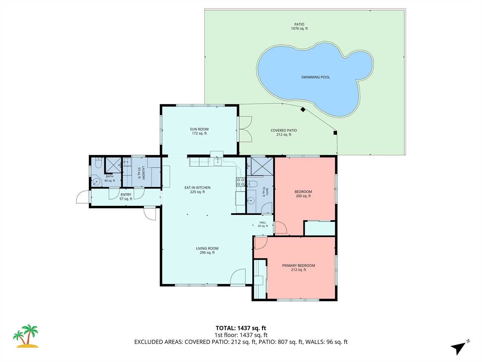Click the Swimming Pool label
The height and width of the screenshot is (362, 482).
click(315, 77)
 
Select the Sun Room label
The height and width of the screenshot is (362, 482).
click(199, 131)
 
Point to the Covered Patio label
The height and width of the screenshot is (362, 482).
click(284, 132)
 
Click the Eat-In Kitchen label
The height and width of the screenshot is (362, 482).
click(197, 190)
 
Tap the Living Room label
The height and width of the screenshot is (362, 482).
click(207, 250)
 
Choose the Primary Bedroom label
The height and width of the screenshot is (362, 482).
click(298, 267)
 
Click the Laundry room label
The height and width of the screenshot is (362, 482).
click(141, 173)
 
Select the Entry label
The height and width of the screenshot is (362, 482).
click(126, 197)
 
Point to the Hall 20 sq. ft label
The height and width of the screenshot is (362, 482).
click(262, 224)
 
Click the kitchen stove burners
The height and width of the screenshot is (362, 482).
click(241, 182)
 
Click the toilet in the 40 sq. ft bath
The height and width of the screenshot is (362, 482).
click(98, 163)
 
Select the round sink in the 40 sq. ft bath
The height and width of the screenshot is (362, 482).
click(96, 181)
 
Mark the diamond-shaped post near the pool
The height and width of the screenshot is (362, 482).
click(303, 109)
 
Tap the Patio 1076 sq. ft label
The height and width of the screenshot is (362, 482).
click(299, 26)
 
